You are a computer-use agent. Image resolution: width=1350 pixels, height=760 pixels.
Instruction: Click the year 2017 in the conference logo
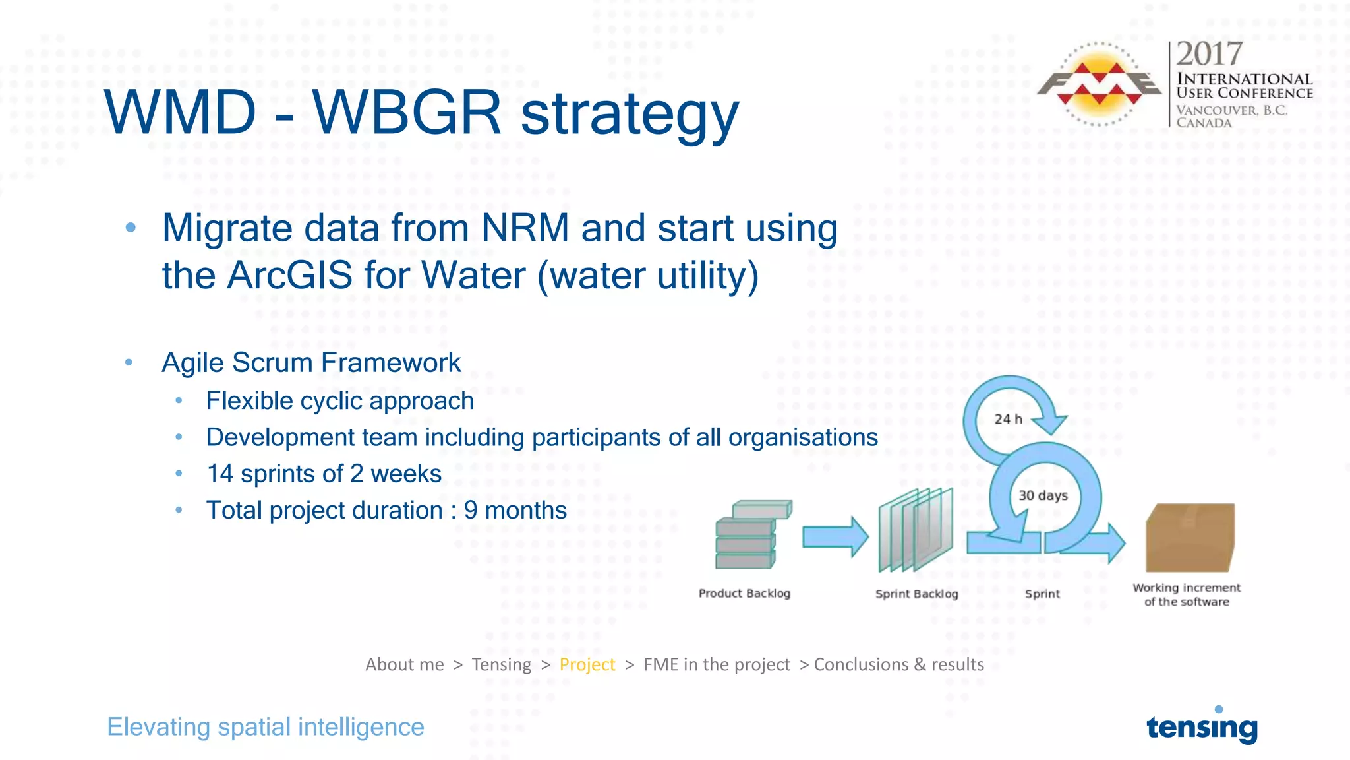coord(1209,54)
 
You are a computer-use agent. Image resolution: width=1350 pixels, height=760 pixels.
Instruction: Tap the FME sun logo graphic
coord(1099,84)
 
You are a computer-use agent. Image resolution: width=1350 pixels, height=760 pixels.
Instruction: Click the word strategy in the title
coord(630,113)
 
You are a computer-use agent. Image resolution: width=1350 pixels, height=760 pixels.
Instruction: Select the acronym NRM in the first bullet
coord(525,228)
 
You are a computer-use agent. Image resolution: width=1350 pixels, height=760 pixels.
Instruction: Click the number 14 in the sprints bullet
coord(220,474)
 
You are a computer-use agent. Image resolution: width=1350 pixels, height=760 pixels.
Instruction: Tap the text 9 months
coord(515,511)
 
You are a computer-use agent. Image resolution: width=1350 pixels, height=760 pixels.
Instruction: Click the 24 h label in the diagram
coord(1008,419)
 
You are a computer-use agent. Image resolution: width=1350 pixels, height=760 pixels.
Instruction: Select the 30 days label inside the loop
coord(1043,495)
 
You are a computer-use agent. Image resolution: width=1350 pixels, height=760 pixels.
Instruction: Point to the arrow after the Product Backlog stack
coord(835,536)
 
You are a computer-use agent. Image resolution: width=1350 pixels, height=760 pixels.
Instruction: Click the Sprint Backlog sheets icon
coord(916,530)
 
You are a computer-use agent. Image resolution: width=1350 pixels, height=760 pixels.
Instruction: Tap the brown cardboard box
coord(1190,538)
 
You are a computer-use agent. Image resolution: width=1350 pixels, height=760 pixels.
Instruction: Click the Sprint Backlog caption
coord(916,594)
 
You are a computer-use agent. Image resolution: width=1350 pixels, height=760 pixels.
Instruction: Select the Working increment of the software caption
coord(1187,594)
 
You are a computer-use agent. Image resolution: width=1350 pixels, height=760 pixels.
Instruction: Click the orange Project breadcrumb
coord(587,664)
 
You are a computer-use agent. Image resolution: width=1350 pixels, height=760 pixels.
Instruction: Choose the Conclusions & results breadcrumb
coord(898,664)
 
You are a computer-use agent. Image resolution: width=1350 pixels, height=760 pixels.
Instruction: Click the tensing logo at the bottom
coord(1202,726)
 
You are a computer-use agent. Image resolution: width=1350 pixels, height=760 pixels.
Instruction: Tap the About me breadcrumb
coord(405,664)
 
